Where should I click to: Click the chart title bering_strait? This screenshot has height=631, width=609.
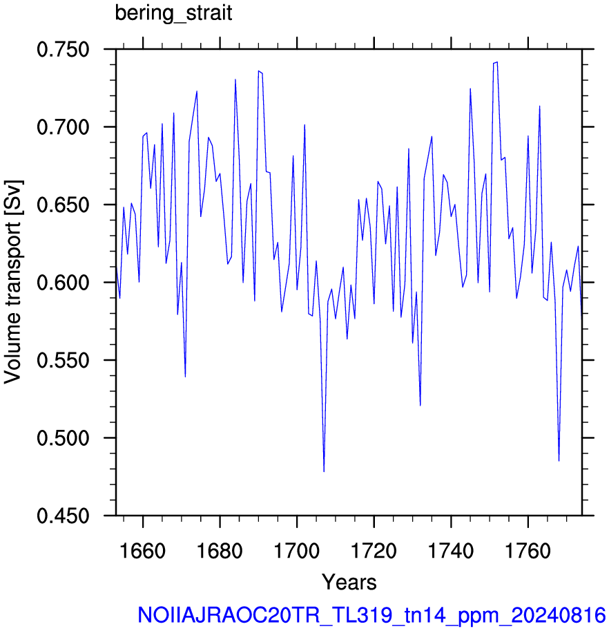(x=173, y=14)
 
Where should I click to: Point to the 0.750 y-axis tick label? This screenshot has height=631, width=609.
(x=63, y=50)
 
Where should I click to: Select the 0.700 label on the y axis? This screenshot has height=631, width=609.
(x=63, y=128)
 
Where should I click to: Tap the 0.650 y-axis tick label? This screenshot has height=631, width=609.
(x=63, y=205)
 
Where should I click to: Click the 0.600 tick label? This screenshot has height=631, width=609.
(x=63, y=283)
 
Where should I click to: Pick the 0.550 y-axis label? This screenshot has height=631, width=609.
(x=63, y=361)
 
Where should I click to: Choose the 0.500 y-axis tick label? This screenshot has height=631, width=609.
(x=63, y=438)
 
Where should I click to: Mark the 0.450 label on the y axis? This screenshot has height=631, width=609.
(x=63, y=516)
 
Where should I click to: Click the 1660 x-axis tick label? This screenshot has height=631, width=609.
(x=143, y=551)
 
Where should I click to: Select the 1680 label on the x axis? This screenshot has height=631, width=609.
(x=220, y=551)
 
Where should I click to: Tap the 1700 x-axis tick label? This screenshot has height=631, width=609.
(x=297, y=551)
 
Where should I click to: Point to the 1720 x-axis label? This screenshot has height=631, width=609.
(x=374, y=551)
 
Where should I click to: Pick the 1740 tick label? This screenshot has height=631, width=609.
(x=451, y=551)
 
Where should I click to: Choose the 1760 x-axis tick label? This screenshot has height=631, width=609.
(x=528, y=551)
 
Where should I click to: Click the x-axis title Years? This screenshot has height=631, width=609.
(x=349, y=583)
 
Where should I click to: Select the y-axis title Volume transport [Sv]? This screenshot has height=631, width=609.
(x=12, y=282)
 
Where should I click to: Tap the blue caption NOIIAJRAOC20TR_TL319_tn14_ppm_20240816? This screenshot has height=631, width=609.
(x=371, y=615)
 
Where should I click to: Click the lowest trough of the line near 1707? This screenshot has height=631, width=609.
(x=324, y=471)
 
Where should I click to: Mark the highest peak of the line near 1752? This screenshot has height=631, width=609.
(x=497, y=62)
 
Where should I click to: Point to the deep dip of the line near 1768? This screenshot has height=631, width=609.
(x=559, y=461)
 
